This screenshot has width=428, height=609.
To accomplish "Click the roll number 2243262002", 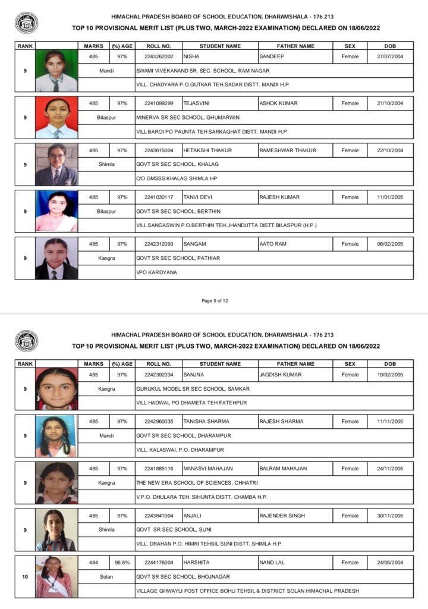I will click(159, 56).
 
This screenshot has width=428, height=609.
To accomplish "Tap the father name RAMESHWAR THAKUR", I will click(288, 150).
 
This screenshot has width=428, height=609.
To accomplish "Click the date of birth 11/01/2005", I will click(390, 197).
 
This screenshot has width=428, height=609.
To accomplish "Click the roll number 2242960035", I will click(159, 421).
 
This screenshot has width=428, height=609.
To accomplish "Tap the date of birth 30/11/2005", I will click(390, 516).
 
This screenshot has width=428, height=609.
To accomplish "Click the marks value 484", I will click(93, 562).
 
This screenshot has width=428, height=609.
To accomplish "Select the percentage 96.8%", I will click(122, 562).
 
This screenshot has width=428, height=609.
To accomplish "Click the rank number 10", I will click(24, 576).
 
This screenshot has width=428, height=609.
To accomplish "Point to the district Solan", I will click(106, 576).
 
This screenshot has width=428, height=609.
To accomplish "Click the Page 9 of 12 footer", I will click(215, 300).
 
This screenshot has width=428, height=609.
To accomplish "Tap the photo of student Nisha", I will click(56, 71).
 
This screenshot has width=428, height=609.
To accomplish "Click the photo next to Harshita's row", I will click(56, 576).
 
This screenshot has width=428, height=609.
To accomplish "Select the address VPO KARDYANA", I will click(155, 272).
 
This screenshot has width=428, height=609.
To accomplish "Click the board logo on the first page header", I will click(26, 23).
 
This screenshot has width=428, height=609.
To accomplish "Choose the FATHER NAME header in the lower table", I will click(295, 363).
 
